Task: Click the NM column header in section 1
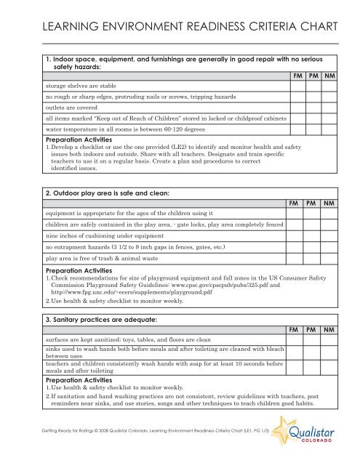pos(329,75)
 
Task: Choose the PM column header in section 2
pos(313,204)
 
